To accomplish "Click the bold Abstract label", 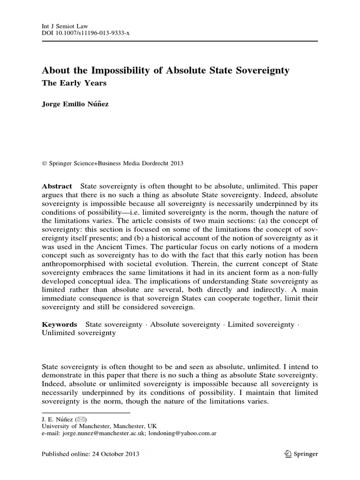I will [57, 186].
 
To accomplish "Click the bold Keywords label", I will [60, 324].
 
